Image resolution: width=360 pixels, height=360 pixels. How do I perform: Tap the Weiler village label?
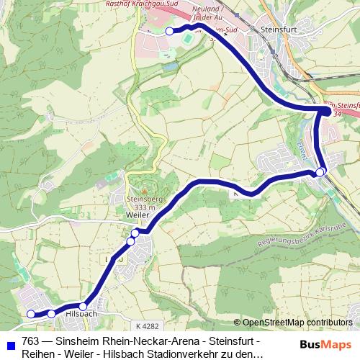click(137, 215)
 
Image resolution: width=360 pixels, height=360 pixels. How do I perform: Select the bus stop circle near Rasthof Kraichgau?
click(170, 32)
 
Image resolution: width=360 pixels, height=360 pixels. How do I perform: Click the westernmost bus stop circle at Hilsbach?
click(31, 314)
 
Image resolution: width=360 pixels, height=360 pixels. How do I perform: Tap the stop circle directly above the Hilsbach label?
click(84, 307)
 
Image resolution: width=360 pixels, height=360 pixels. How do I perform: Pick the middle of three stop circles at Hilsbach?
click(51, 314)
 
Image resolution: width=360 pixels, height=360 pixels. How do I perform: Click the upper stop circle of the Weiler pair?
click(135, 233)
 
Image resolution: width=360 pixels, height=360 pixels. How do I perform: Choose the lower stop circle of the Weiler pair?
click(131, 240)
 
